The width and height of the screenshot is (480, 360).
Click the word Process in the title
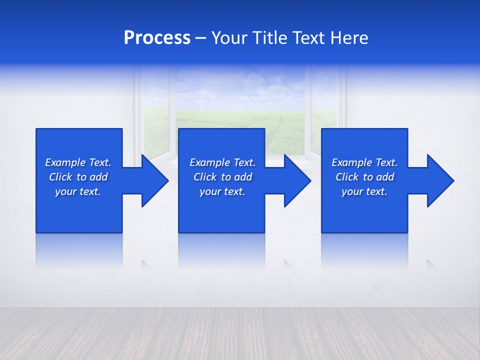coord(157,38)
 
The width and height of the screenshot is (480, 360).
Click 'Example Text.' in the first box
coord(78,162)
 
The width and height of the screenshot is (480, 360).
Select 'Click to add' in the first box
coord(78,177)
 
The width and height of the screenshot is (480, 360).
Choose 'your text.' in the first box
coord(78,191)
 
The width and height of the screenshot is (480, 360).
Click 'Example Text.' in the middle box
coord(222,162)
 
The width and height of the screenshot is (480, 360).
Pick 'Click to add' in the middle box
coord(222,177)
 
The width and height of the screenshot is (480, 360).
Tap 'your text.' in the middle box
coord(222,191)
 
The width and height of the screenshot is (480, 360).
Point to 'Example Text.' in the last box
coord(364,162)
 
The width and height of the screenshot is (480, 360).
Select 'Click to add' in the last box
coord(364,177)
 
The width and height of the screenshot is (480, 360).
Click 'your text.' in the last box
coord(364,191)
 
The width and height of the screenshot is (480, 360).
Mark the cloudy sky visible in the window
coord(240,85)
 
